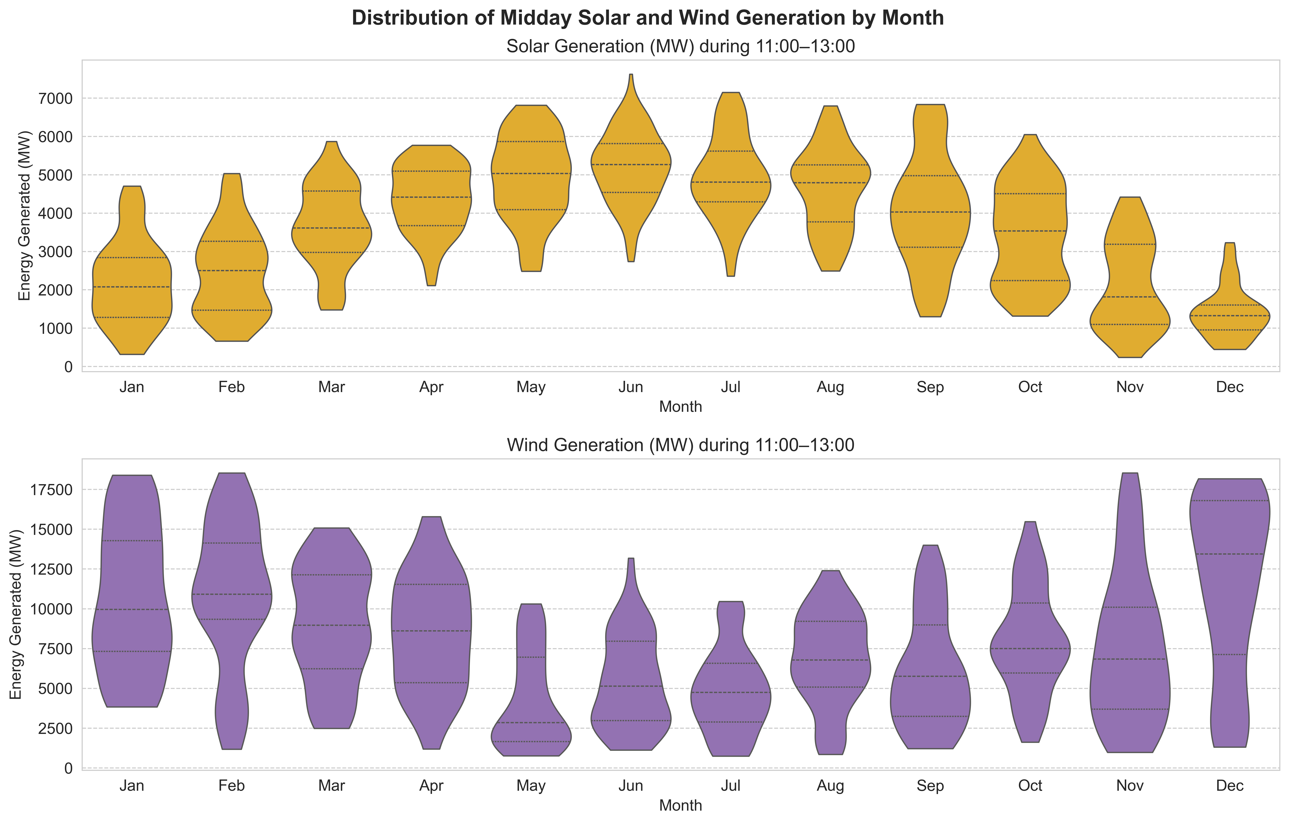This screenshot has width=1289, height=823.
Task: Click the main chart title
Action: (x=648, y=18)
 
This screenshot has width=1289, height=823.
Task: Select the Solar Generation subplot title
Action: (x=680, y=47)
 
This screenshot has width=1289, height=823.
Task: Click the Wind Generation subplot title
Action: (x=680, y=445)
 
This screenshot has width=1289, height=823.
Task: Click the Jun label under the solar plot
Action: (x=631, y=387)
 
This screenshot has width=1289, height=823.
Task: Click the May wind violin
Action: (x=531, y=696)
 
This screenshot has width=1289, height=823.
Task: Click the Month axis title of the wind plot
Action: (x=680, y=805)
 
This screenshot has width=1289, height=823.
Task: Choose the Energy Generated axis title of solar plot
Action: (x=24, y=216)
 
